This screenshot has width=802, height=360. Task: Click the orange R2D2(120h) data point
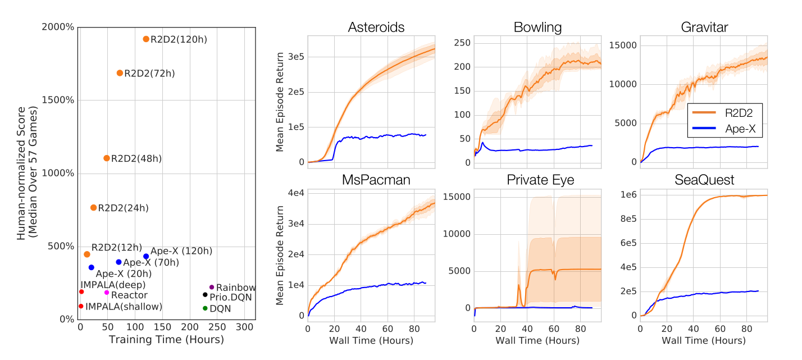pos(146,39)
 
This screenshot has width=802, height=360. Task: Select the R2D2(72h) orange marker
pos(120,73)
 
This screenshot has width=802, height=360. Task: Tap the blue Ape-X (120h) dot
pos(146,257)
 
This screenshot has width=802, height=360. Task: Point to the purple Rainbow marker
pos(212,288)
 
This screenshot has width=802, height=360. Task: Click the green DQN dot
pos(205,308)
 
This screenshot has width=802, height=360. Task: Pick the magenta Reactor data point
pos(107,293)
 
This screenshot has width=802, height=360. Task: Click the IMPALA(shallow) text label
pos(124,306)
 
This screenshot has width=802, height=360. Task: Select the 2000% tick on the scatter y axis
pos(59,28)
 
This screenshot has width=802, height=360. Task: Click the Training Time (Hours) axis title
pos(166,340)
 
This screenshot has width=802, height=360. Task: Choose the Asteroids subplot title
pos(376,27)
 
